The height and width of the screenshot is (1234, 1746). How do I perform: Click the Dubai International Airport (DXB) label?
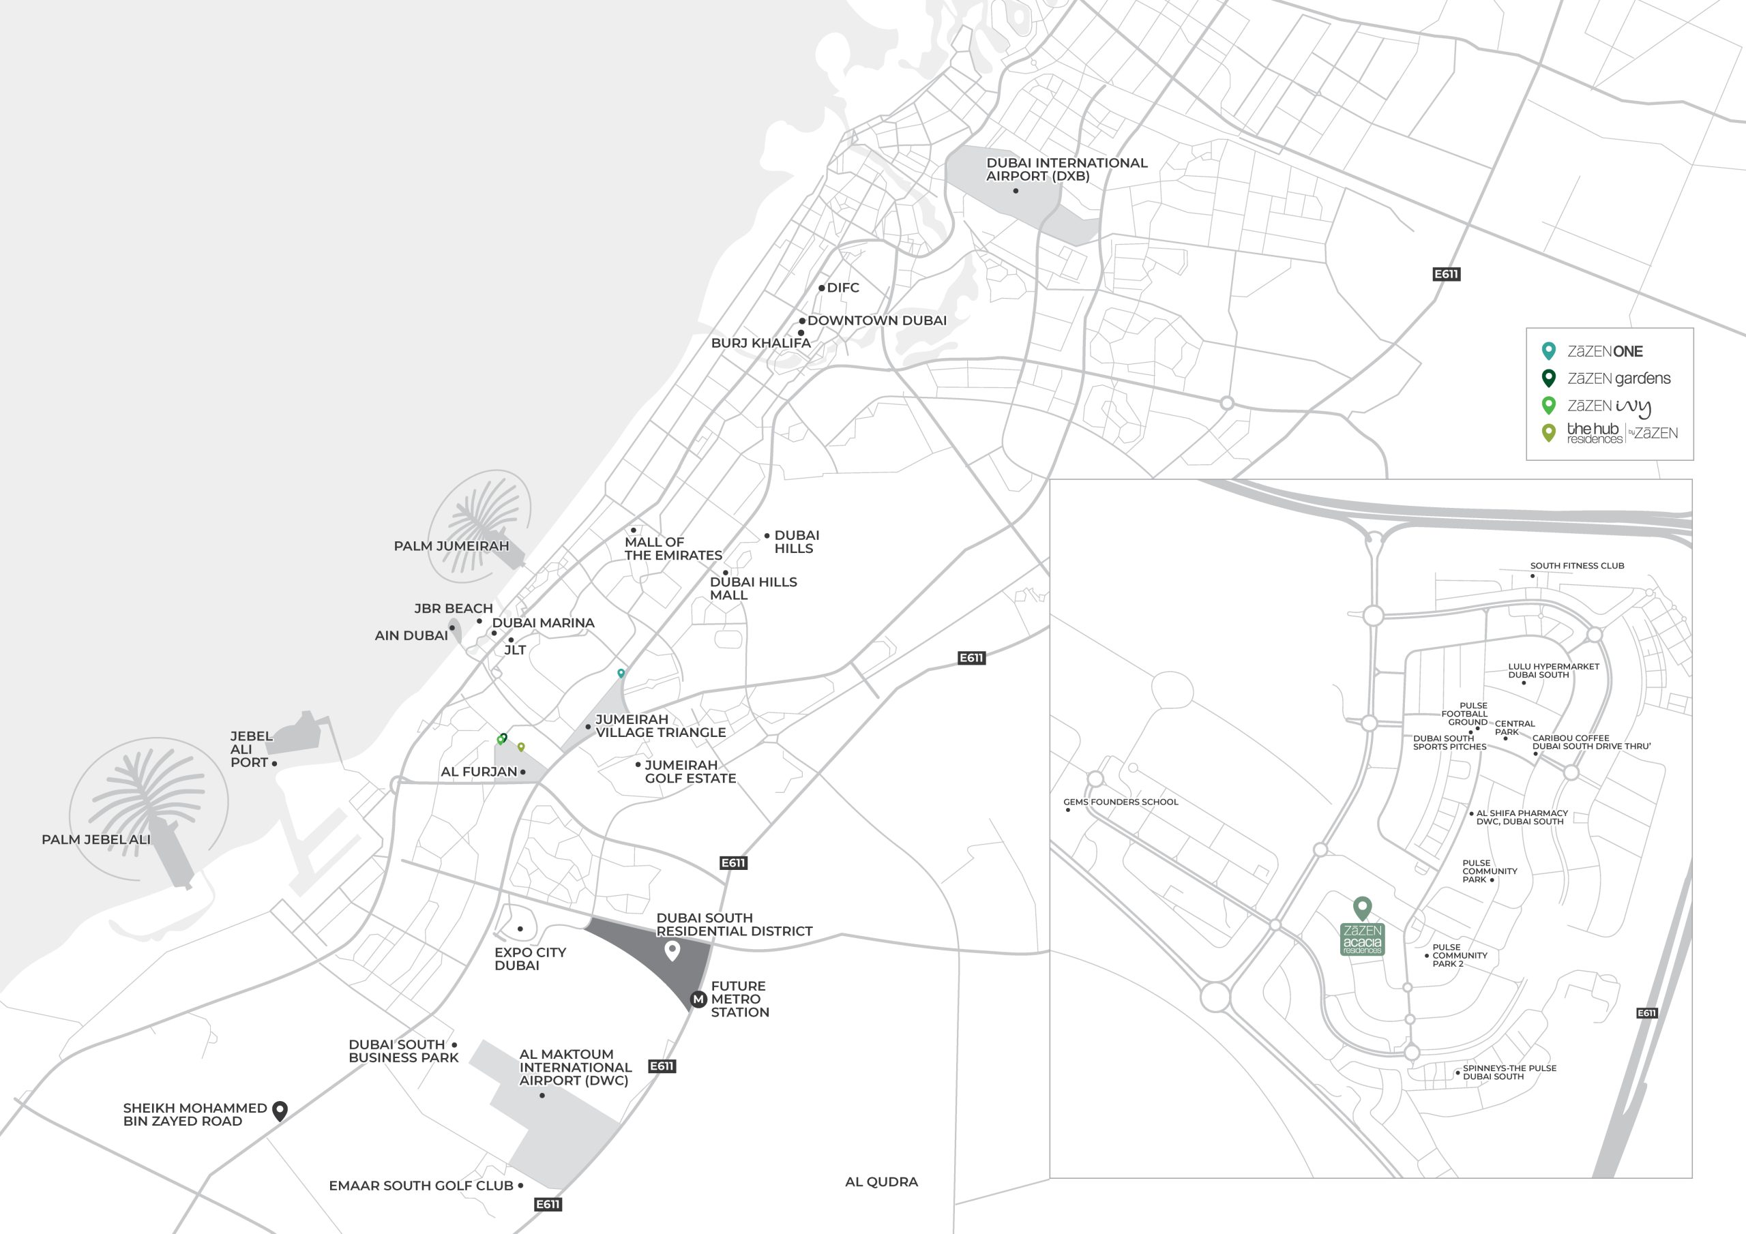1066,169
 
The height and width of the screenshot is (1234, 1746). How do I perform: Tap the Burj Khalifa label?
760,343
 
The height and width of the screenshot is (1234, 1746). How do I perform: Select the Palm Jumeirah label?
451,546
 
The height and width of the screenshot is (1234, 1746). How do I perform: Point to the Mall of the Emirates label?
673,548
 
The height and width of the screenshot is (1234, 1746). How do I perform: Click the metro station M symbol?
698,999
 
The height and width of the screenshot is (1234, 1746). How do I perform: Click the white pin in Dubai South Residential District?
672,950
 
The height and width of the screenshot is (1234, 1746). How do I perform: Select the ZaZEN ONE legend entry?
1605,351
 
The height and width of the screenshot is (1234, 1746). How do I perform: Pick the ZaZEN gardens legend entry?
1618,378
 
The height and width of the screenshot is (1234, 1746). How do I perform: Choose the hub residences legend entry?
1621,434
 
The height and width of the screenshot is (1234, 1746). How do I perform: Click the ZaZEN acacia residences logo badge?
1362,939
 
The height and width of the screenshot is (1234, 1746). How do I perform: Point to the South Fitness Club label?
1577,566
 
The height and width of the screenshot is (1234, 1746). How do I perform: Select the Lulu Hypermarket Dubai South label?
1553,671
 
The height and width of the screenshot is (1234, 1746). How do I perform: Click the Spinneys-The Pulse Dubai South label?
1509,1072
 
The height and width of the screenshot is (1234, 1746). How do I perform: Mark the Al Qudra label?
881,1182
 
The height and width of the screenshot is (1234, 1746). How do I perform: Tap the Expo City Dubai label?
529,958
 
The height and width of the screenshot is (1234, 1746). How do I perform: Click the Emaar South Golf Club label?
421,1186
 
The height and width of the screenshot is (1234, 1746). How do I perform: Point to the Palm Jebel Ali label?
95,839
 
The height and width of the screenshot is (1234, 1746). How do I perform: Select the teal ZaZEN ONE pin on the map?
621,673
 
